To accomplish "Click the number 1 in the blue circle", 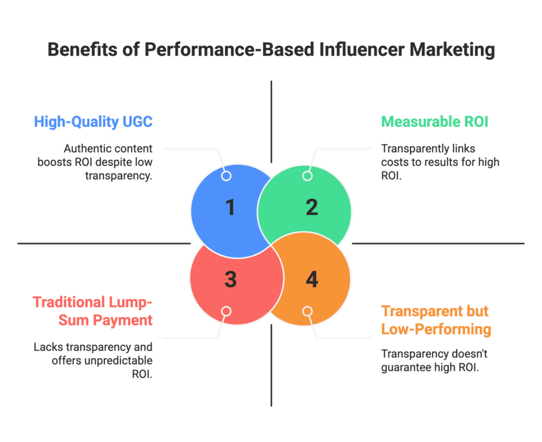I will [x=230, y=207].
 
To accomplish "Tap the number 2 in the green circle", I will [x=312, y=207].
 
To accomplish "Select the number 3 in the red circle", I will [x=230, y=279].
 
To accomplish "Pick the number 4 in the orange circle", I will [x=312, y=279].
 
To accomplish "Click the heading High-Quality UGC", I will [x=93, y=122].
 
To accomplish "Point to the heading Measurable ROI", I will [x=434, y=122].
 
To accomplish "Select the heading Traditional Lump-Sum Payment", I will [x=93, y=311].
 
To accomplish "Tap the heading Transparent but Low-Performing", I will [x=436, y=320].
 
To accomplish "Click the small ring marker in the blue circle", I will [x=226, y=176].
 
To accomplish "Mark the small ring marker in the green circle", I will [x=307, y=176].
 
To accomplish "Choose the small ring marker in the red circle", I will [x=226, y=311].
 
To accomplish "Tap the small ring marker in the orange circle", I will [x=307, y=311].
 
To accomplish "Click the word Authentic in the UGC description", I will [x=84, y=149].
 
